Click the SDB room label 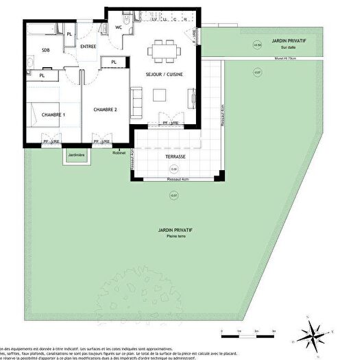45,50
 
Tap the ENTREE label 88,47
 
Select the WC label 119,27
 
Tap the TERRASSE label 174,157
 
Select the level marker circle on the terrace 174,169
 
